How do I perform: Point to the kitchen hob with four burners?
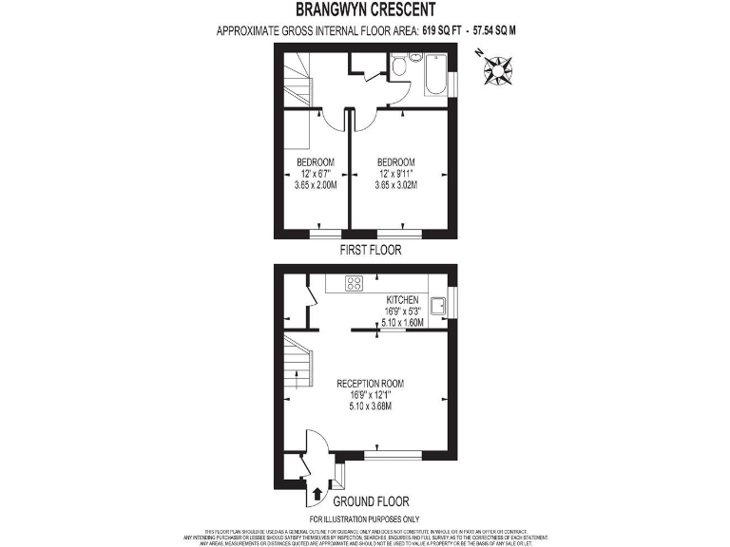click(355, 284)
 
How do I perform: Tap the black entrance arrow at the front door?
click(317, 494)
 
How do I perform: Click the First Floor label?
click(371, 251)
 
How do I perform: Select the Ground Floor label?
click(371, 500)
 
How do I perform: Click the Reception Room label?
click(371, 384)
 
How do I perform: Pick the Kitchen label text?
click(401, 299)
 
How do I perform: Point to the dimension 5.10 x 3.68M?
click(371, 406)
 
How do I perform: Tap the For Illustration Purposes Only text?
click(364, 519)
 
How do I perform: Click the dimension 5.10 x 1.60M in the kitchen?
click(401, 322)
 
